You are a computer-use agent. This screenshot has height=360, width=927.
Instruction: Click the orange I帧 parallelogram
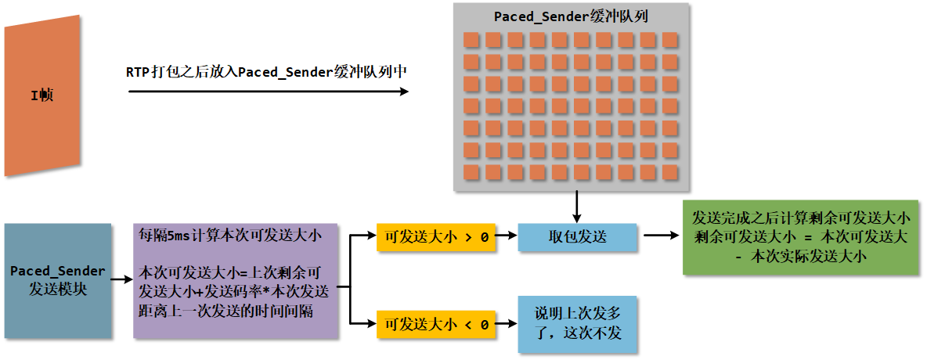[42, 96]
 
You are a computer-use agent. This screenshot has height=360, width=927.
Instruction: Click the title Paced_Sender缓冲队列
[571, 17]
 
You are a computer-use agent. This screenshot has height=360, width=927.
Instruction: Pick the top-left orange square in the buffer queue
[471, 39]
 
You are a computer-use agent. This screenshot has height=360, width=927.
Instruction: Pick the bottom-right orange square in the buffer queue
[670, 171]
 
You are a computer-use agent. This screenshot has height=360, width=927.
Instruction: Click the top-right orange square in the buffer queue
[670, 39]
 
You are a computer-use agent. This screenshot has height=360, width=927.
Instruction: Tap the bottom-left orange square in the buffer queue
[471, 171]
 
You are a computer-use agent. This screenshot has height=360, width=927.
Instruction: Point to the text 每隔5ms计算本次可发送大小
[226, 234]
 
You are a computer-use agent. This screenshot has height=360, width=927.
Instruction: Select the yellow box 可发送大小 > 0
[437, 236]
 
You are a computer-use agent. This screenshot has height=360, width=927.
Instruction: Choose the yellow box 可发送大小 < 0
[437, 323]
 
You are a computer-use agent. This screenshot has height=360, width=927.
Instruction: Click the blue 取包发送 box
[577, 236]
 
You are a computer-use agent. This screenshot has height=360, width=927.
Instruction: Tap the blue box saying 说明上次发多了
[577, 324]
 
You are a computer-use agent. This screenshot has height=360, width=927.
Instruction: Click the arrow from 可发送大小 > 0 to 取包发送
[508, 236]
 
